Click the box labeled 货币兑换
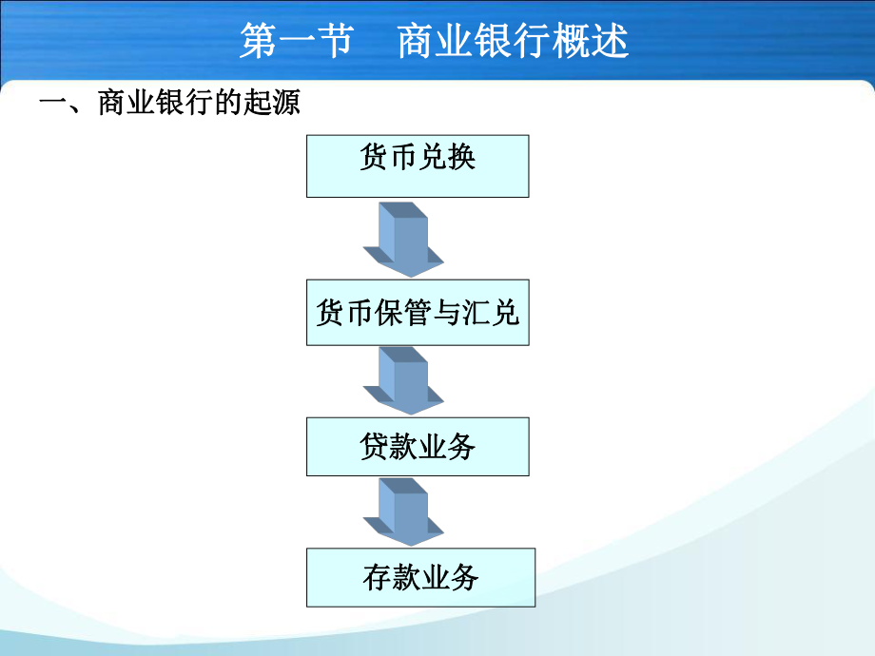(417, 165)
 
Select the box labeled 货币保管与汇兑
(417, 313)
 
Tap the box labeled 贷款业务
(417, 446)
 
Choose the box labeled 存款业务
(420, 576)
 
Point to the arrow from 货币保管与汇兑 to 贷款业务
(403, 378)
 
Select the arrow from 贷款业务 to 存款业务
(403, 511)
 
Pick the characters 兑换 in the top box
(447, 157)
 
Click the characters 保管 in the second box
(403, 313)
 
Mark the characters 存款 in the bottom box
(392, 576)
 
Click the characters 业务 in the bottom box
(450, 576)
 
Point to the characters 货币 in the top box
(388, 157)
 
